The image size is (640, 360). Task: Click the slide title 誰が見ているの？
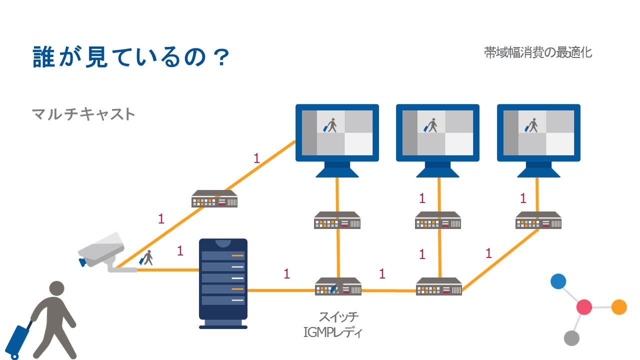131,57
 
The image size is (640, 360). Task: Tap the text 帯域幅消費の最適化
538,52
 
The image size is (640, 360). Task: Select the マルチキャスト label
83,114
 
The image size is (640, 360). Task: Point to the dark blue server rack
223,282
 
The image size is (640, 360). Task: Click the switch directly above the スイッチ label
338,287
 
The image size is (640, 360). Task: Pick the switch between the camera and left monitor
214,199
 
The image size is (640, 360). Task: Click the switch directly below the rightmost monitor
538,220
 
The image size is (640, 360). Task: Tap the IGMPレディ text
332,331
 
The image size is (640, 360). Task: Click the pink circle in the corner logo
584,307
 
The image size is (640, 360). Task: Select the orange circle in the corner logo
619,307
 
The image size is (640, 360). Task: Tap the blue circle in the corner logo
558,281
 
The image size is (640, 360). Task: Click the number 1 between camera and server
180,251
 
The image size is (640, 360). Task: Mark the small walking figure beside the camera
146,258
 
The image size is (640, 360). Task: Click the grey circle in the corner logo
571,338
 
